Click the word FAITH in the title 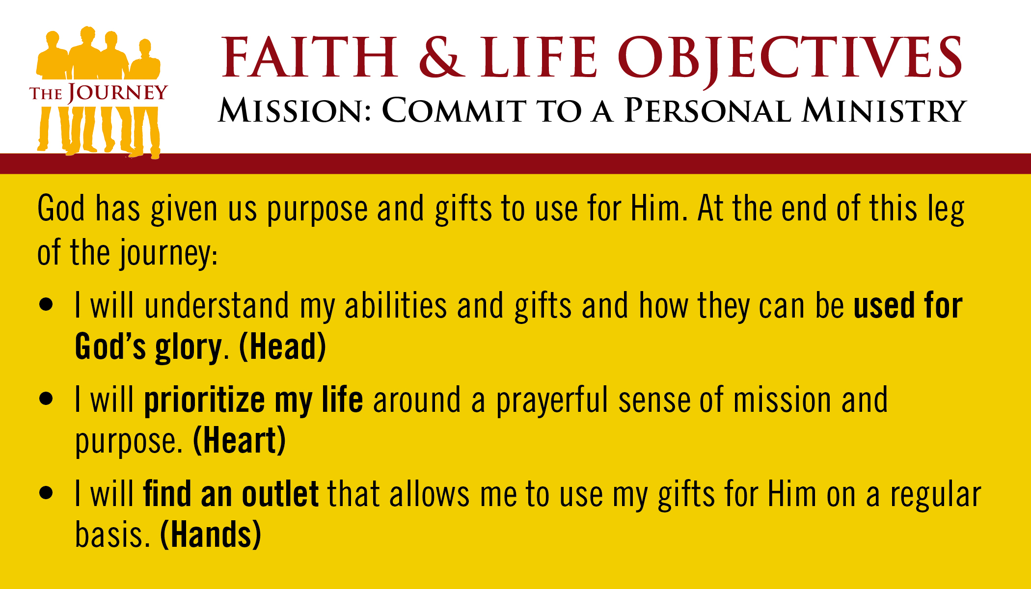[310, 57]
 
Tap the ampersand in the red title [442, 57]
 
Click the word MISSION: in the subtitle [295, 110]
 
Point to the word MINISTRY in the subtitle [884, 110]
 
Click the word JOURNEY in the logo [118, 92]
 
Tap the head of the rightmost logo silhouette [145, 48]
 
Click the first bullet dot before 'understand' [46, 304]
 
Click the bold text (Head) [282, 347]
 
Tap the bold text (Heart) [239, 440]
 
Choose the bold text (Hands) [211, 535]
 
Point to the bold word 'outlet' [280, 494]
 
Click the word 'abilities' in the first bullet [396, 305]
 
